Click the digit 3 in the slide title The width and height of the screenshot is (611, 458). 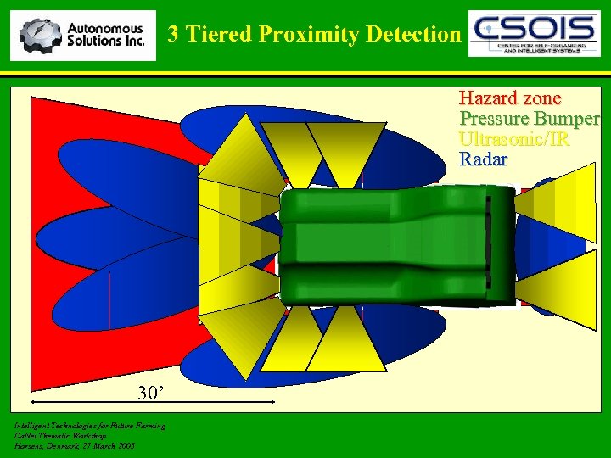pos(173,34)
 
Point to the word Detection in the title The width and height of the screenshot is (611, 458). pos(414,34)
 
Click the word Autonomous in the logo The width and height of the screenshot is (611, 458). pos(105,28)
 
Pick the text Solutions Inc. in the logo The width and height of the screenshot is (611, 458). pos(105,41)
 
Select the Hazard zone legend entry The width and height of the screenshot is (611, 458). pos(510,98)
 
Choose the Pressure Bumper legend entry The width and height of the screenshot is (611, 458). pos(530,118)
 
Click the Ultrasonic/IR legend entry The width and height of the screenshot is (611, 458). pos(513,138)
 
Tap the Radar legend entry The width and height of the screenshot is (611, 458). pos(483,159)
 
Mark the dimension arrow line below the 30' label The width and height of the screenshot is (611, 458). pos(153,404)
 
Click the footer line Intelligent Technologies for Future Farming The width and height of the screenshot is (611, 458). pos(90,425)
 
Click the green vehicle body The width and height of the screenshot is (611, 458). pos(390,246)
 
